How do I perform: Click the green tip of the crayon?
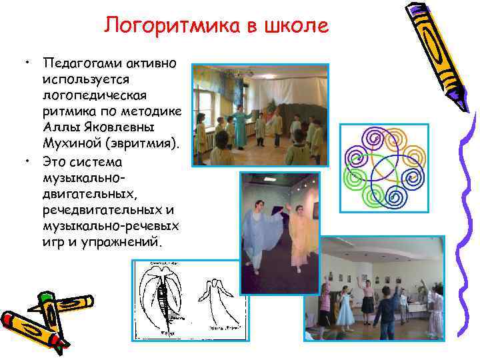point(45,296)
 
